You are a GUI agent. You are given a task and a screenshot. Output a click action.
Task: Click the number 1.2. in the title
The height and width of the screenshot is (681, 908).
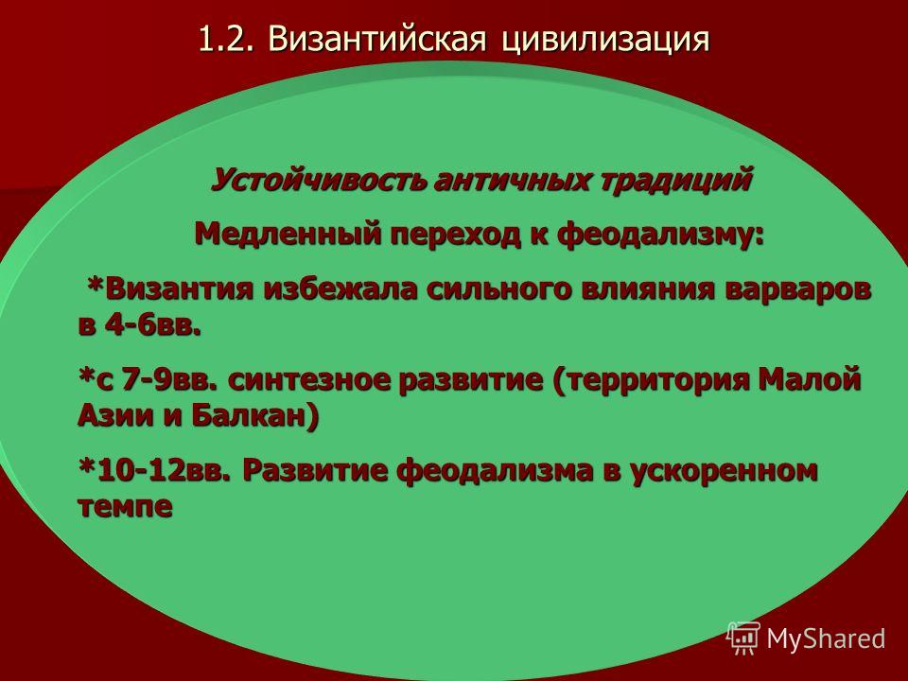coord(226,39)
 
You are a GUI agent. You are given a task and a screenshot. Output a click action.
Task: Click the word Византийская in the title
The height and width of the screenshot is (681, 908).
coord(376,39)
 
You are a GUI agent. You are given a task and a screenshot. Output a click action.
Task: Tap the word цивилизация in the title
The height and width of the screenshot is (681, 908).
coord(605,40)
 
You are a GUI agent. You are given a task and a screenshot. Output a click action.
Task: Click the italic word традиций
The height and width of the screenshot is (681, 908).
coord(675,180)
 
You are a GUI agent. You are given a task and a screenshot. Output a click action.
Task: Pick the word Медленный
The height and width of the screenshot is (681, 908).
coord(288,234)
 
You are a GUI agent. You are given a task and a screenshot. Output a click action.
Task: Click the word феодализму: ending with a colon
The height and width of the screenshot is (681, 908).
coord(659,236)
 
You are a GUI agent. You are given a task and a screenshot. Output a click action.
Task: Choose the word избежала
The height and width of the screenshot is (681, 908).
coord(340,288)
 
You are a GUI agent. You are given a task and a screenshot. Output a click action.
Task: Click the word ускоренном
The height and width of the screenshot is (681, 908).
coord(724,471)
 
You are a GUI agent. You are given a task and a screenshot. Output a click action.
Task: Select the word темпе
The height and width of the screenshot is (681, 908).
coord(125,505)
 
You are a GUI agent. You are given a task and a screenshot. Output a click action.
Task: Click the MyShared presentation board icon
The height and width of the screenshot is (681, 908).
coord(743,637)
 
